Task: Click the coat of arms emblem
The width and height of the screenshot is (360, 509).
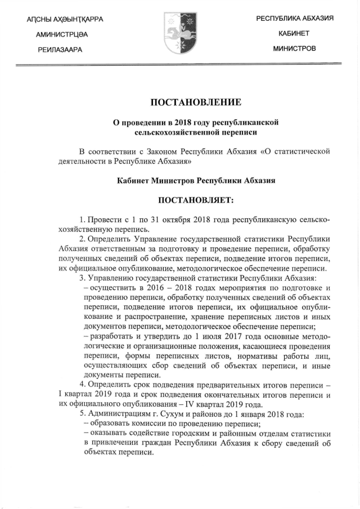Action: pos(179,34)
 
